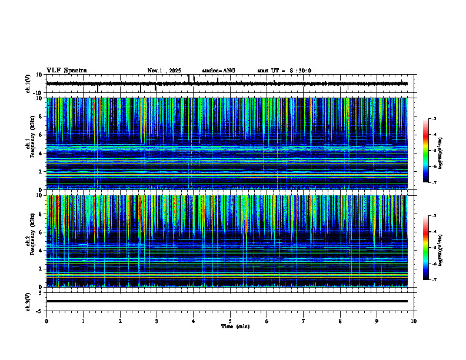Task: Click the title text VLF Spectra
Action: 66,71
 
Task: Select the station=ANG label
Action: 218,71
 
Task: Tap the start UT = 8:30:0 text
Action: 284,71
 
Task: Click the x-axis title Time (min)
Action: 235,326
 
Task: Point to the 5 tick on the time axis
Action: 230,321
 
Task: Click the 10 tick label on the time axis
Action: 414,321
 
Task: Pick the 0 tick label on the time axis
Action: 46,321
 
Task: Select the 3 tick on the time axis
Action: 157,321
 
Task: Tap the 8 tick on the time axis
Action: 340,321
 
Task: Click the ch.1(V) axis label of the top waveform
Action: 28,84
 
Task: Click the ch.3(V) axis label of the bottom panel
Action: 28,301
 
